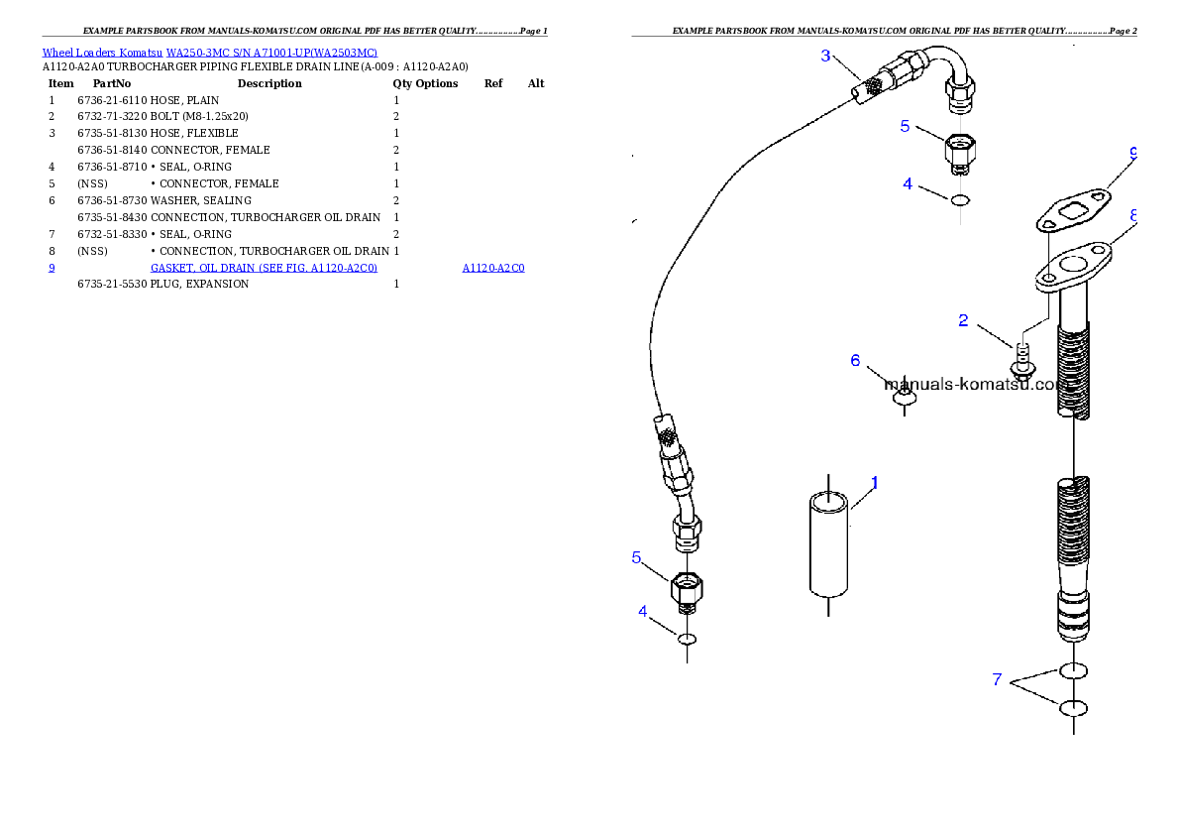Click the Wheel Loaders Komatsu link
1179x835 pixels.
coord(102,53)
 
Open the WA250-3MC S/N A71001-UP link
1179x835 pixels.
coord(271,53)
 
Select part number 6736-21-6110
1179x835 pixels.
coord(112,100)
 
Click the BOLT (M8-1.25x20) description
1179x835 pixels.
coord(199,117)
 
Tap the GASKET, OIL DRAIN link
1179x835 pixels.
coord(264,268)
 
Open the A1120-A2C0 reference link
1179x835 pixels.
coord(493,268)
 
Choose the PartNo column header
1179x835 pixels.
coord(112,83)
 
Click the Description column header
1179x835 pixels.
coord(269,83)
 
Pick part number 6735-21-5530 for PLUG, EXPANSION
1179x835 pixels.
coord(112,284)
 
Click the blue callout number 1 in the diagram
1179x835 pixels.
coord(875,483)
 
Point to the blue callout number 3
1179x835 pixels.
coord(825,56)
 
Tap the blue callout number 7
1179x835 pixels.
coord(997,680)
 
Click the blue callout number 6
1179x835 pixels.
coord(855,361)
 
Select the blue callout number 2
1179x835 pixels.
coord(963,320)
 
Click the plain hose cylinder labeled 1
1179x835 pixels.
coord(828,544)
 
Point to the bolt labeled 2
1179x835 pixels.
coord(1022,360)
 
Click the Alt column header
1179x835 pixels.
coord(535,83)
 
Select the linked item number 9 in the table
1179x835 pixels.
coord(52,268)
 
